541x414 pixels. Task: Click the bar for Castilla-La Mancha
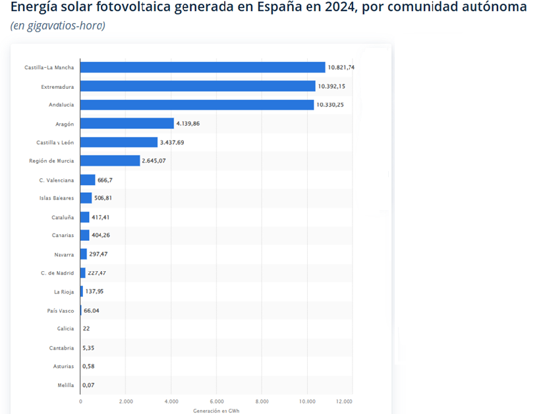(202, 67)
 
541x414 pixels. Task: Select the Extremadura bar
(198, 86)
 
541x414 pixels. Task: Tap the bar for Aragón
(127, 123)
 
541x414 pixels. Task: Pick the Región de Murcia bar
(110, 161)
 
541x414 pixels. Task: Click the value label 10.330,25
(331, 105)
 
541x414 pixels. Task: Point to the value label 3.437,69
(173, 142)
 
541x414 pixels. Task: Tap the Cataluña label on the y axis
(63, 217)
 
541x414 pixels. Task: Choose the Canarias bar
(84, 235)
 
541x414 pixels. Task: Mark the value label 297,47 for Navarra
(98, 254)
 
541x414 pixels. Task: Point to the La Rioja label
(64, 292)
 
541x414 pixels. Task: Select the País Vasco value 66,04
(92, 311)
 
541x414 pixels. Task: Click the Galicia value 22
(86, 328)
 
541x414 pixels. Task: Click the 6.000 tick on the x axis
(216, 401)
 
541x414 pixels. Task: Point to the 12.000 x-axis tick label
(344, 401)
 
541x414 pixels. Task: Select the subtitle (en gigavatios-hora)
(57, 26)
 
